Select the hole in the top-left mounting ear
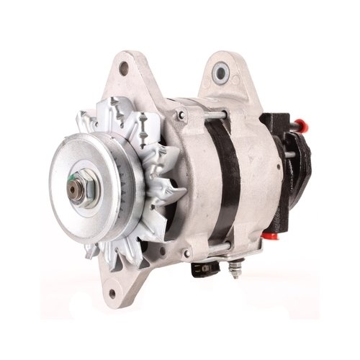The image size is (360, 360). pos(124,69)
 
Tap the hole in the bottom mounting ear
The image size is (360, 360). pos(112,293)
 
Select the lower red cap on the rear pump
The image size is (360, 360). pos(273,234)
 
